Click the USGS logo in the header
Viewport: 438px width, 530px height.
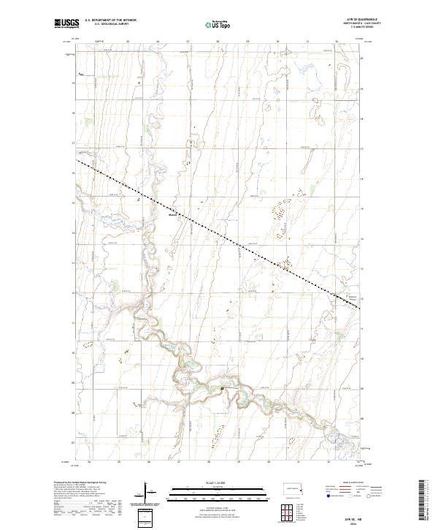[66, 23]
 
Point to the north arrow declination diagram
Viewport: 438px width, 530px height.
[147, 492]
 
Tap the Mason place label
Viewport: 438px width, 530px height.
[173, 215]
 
